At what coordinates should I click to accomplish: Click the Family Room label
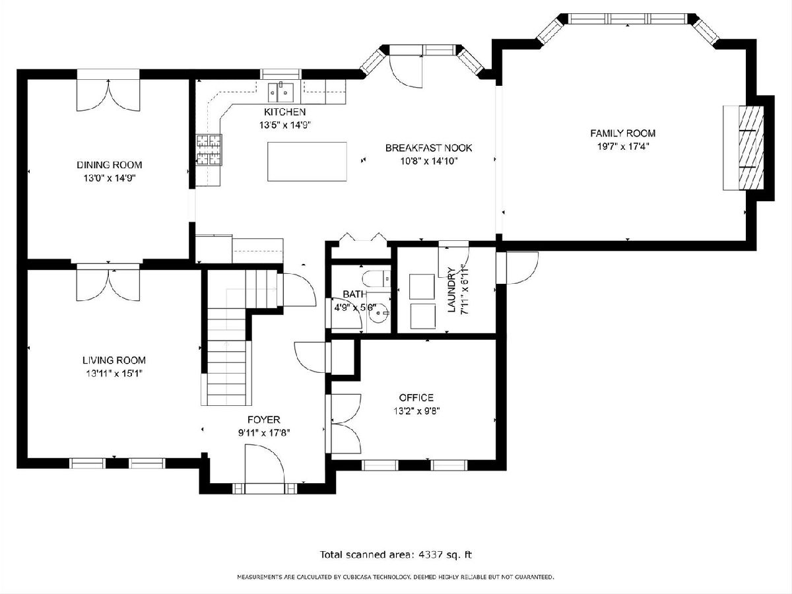(622, 133)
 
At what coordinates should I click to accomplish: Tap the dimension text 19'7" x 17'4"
(622, 147)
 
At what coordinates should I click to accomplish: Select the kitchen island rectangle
(307, 162)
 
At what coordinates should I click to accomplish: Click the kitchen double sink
(281, 92)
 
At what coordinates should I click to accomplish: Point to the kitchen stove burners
(209, 150)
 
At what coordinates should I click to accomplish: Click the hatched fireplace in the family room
(751, 147)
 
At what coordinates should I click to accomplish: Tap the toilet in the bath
(376, 279)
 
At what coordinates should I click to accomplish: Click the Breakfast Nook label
(428, 148)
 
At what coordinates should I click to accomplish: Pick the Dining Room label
(110, 165)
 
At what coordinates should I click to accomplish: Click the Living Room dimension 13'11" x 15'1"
(114, 374)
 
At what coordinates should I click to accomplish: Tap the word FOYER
(264, 420)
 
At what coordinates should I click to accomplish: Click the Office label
(416, 397)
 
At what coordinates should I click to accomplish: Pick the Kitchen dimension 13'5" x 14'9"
(285, 125)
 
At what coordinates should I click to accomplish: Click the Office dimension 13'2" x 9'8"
(416, 411)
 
